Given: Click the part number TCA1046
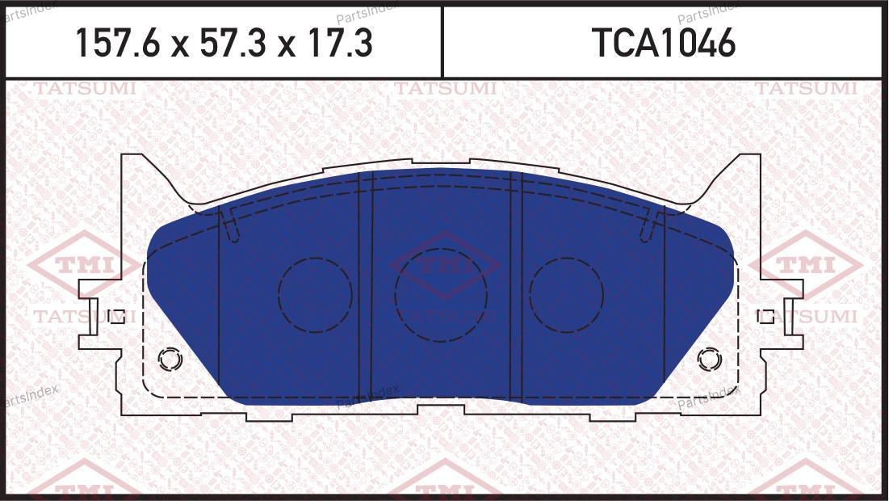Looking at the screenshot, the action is [664, 43].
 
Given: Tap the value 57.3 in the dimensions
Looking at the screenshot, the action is [233, 43].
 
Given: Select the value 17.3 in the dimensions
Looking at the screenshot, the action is [339, 43].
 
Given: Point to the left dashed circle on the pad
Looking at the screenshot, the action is [315, 295].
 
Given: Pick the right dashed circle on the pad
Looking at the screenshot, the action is [566, 295].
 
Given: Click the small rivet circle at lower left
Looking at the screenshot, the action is [170, 360].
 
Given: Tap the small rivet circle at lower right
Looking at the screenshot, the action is [709, 360].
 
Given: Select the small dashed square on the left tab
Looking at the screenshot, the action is [117, 316].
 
